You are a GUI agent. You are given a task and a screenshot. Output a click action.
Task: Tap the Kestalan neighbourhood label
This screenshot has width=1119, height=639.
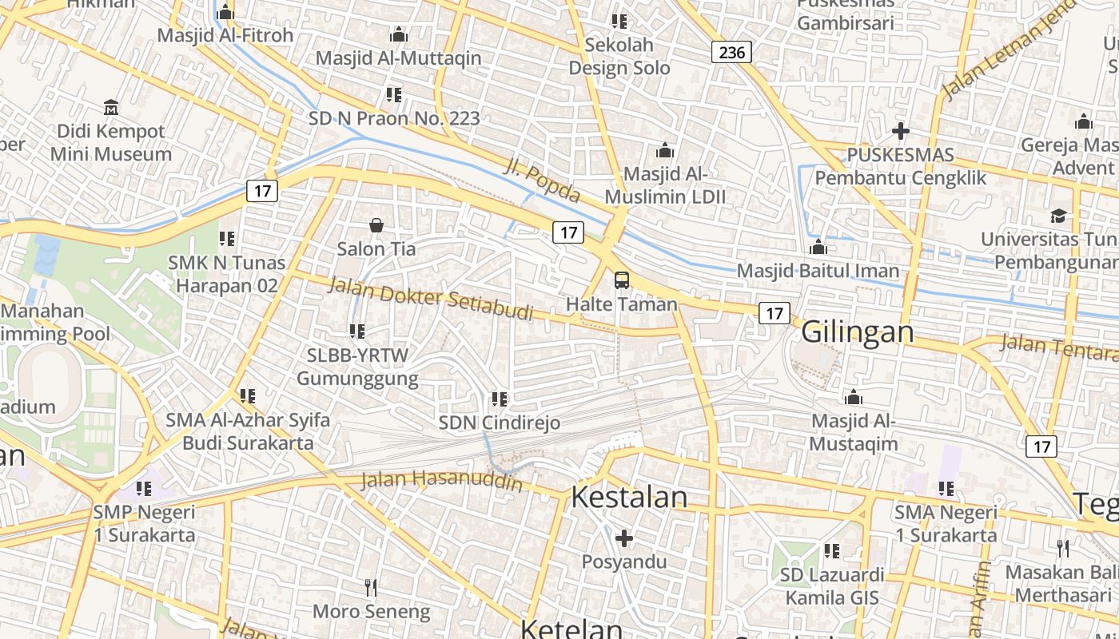pos(629,497)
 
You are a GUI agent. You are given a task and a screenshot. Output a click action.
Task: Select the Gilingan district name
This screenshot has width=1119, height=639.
pos(857,331)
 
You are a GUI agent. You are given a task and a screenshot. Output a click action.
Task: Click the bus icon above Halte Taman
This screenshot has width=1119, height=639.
pos(621,280)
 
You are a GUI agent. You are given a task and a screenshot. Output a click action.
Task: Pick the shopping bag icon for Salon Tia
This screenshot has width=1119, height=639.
pos(376,226)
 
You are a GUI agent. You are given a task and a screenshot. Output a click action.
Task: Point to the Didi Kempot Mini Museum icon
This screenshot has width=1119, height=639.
pos(111,107)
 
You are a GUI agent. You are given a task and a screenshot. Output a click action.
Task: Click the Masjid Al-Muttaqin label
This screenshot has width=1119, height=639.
pos(398,58)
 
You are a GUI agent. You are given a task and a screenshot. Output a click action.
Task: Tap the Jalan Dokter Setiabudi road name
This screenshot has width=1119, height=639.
pos(431,298)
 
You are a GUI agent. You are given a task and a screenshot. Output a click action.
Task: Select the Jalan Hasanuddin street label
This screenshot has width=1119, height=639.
pos(442,481)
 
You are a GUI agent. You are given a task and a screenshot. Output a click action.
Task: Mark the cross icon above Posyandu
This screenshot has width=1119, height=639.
pos(624,538)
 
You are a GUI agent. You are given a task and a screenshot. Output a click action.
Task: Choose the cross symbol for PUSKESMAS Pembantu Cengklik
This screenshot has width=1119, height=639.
pos(901,131)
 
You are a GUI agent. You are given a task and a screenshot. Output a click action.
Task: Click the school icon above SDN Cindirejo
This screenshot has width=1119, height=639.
pos(500,399)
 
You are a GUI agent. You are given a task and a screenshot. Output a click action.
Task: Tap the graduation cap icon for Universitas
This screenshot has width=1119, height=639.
pos(1058,216)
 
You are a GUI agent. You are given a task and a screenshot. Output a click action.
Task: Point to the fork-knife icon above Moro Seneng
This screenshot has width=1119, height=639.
pos(371,588)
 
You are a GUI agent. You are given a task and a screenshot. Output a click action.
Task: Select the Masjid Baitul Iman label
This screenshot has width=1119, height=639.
pos(818,271)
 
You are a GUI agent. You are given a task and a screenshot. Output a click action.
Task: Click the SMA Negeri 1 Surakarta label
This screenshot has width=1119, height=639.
pos(946,523)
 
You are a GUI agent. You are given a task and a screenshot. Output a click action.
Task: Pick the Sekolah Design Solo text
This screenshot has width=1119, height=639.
pos(619,56)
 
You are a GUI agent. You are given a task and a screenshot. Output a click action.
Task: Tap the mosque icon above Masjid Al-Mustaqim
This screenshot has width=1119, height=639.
pos(854,398)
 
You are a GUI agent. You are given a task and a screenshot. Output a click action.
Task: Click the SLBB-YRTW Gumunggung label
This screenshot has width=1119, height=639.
pos(357,367)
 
